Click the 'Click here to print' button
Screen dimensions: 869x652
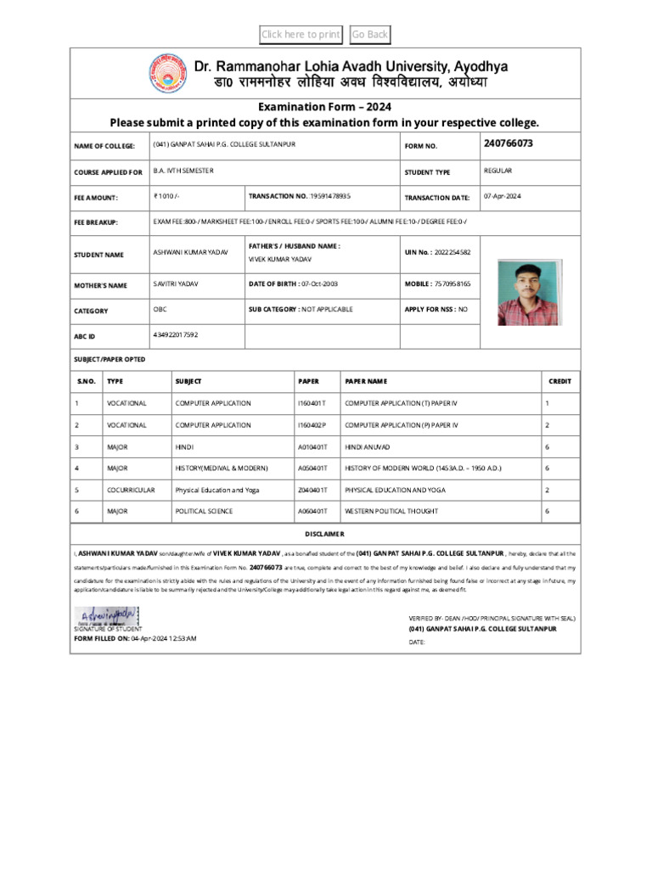point(301,35)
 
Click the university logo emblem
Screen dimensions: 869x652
point(169,73)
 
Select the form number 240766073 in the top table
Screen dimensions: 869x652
point(509,143)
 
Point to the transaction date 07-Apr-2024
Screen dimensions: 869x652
point(503,196)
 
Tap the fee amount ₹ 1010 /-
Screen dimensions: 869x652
point(166,196)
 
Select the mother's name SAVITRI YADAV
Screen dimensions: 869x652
point(176,283)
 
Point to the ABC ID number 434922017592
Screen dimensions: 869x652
point(176,335)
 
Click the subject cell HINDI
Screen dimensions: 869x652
point(184,446)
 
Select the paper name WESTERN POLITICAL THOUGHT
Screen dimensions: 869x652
point(391,512)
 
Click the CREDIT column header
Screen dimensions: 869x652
point(559,382)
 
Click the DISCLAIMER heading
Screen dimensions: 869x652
point(325,534)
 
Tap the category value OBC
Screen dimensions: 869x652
point(160,310)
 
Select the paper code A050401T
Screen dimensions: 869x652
point(312,468)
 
